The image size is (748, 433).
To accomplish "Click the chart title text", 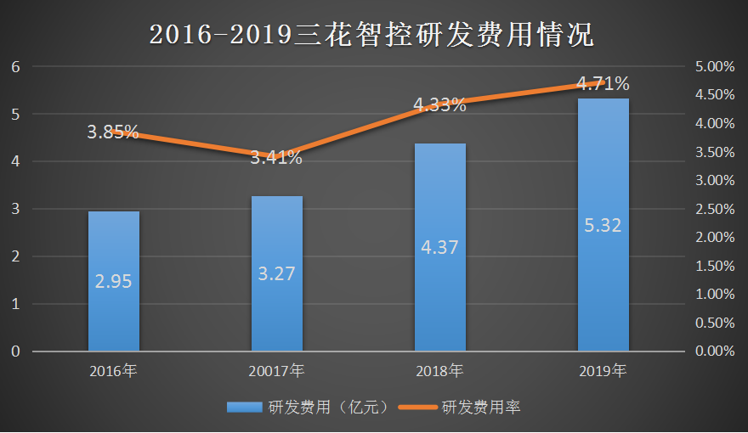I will point(371,33).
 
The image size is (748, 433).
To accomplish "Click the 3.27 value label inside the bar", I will point(276,273).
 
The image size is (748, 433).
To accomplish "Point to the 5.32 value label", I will point(603,226).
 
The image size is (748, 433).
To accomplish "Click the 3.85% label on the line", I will point(112,132).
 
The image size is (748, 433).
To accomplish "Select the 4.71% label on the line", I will point(603,83).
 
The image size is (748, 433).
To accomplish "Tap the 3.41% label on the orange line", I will point(276,157).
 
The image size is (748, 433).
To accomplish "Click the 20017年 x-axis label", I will point(276,371).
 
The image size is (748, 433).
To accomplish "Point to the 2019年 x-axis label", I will point(603,371).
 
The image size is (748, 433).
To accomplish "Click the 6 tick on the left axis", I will point(14,67).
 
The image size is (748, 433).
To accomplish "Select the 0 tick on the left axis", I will point(14,351).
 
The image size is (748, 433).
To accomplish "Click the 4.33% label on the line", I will point(439,105).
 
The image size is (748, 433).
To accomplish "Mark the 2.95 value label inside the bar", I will point(113,282).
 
